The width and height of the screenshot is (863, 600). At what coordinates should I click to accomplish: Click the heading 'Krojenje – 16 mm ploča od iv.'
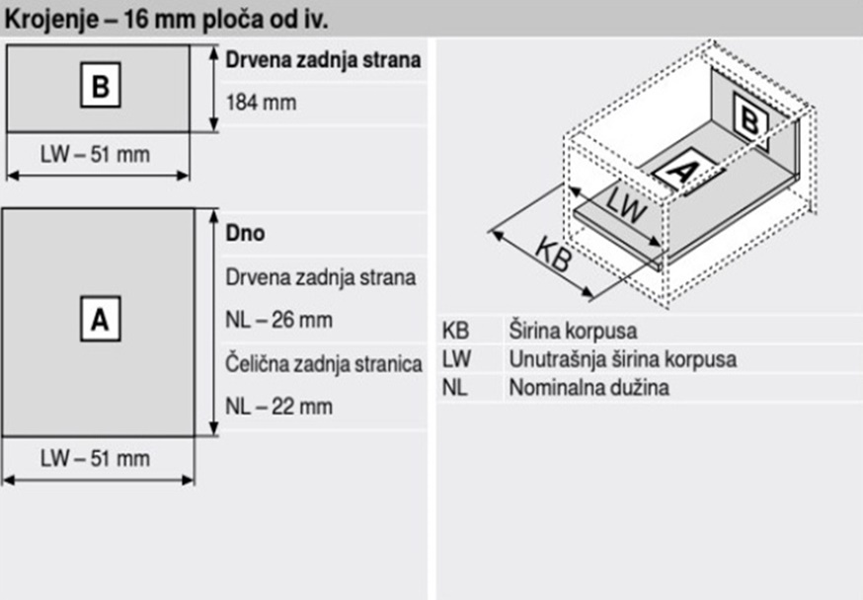[x=166, y=20]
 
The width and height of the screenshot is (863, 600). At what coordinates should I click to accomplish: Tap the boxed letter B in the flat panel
[x=100, y=85]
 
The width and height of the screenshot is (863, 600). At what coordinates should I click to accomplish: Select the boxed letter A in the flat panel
[x=100, y=319]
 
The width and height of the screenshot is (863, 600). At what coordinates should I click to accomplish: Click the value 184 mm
[x=261, y=103]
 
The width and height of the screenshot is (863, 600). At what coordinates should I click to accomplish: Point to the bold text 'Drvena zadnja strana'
[x=324, y=60]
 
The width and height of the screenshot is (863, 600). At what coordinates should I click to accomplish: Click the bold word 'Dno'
[x=246, y=233]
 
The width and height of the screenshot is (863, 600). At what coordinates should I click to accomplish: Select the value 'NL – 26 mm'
[x=279, y=320]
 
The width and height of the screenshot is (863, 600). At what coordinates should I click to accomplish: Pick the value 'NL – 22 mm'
[x=279, y=407]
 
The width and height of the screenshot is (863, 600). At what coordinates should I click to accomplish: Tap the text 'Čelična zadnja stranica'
[x=324, y=364]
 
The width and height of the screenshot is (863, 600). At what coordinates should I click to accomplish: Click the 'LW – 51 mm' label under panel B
[x=95, y=155]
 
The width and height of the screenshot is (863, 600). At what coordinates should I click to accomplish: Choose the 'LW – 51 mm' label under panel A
[x=95, y=459]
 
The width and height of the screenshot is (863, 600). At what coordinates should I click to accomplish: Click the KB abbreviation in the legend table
[x=455, y=331]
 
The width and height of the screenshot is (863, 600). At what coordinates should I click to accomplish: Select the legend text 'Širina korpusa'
[x=573, y=331]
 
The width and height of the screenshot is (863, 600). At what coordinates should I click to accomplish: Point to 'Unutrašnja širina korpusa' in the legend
[x=622, y=359]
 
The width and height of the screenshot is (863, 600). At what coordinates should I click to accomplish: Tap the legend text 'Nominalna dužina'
[x=588, y=388]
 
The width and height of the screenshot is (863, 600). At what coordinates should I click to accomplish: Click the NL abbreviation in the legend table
[x=454, y=388]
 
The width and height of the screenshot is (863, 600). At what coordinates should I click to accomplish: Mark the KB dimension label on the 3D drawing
[x=553, y=254]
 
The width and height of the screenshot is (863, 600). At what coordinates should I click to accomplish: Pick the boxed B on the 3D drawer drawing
[x=750, y=121]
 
